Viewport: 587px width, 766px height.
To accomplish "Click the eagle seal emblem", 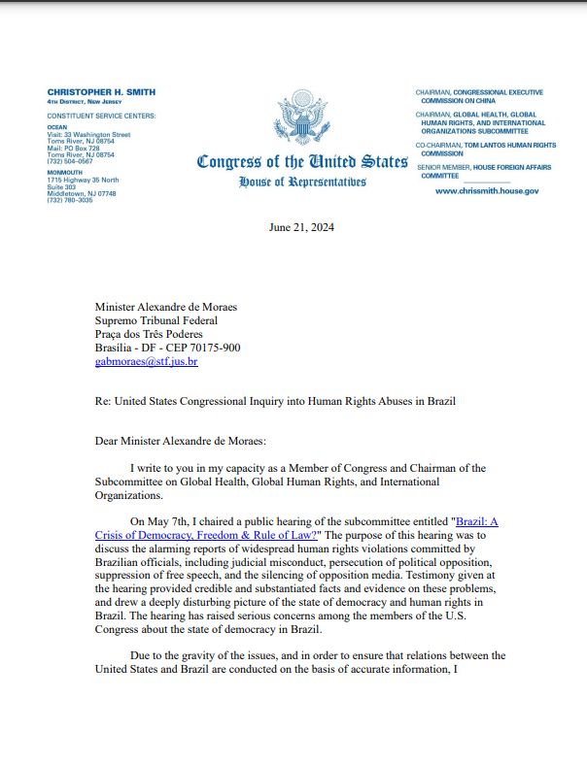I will tap(301, 117).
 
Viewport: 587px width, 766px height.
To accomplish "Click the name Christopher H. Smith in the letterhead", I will tap(101, 92).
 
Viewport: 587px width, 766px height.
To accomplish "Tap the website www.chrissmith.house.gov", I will tap(486, 191).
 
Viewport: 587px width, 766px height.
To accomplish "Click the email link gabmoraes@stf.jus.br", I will tap(146, 362).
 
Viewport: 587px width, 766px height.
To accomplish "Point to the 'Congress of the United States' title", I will tap(301, 161).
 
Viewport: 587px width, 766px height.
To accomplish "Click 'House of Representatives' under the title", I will tap(301, 182).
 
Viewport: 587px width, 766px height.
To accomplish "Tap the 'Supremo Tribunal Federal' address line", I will tap(155, 321).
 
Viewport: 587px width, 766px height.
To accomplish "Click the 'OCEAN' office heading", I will tap(58, 126).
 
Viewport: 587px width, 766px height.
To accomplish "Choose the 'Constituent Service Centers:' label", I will tap(100, 116).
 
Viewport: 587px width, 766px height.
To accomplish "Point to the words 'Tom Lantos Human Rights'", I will tap(520, 145).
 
